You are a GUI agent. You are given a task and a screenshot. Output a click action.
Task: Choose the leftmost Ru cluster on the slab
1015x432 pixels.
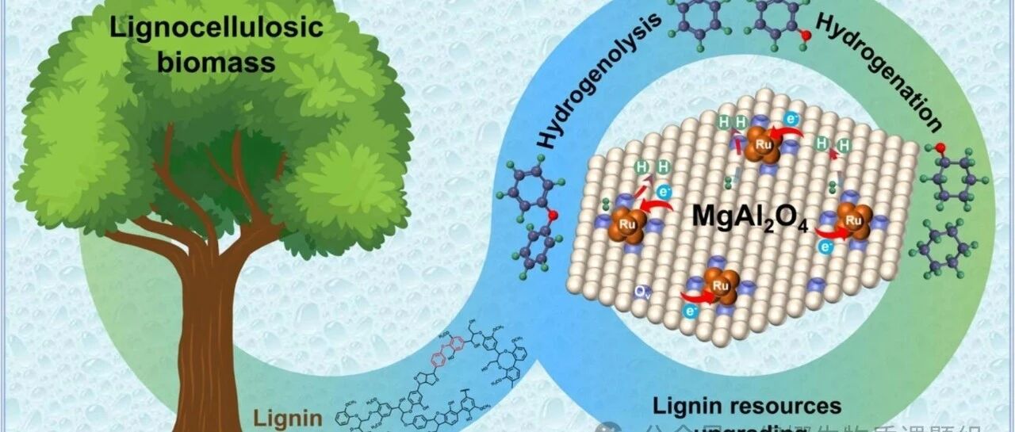(x=627, y=224)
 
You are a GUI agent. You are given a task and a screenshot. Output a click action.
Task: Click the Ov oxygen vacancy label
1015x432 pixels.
(x=642, y=292)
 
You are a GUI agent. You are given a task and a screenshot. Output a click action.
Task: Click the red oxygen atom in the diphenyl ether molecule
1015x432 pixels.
(x=553, y=214)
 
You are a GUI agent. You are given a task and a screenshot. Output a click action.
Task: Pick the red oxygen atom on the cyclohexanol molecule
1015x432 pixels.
(x=940, y=147)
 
